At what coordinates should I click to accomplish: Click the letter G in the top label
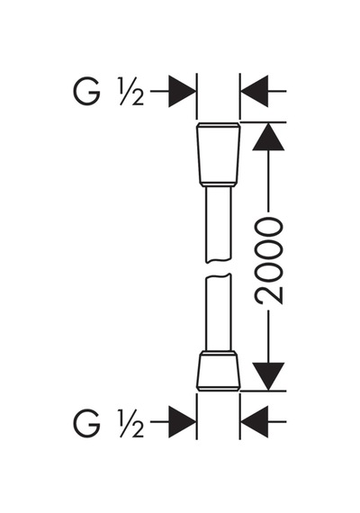tap(86, 92)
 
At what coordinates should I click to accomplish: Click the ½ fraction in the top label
tap(131, 92)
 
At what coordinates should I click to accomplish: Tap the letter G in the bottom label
tap(86, 423)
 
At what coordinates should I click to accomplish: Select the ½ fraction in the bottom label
tap(131, 423)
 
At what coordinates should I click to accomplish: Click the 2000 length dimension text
tap(269, 262)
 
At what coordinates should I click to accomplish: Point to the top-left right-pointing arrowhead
tap(183, 91)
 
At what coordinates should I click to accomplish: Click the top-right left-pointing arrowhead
tap(255, 91)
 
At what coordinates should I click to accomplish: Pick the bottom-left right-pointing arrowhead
tap(183, 422)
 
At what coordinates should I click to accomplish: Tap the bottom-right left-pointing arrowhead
tap(255, 422)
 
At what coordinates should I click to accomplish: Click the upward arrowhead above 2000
tap(268, 137)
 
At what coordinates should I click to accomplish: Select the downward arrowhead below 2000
tap(268, 376)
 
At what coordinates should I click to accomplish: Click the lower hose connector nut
tap(219, 371)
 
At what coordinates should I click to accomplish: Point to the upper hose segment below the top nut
tap(219, 225)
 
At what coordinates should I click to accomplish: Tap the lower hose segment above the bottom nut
tap(219, 312)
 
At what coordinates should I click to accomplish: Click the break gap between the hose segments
tap(219, 268)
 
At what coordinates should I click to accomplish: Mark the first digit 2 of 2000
tap(269, 294)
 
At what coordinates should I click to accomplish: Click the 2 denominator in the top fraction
tap(138, 98)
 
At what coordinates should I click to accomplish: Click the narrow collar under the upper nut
tap(219, 184)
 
